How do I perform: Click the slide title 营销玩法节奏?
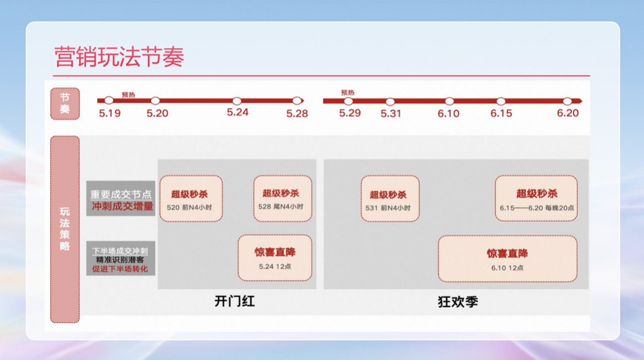tap(119, 56)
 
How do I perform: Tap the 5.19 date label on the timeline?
tap(109, 113)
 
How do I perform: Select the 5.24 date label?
tap(237, 112)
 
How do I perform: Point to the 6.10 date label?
tap(448, 113)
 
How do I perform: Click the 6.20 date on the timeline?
tap(568, 113)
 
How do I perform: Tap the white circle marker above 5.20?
tap(155, 101)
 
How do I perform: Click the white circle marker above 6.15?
tap(501, 101)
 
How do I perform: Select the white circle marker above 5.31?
tap(390, 101)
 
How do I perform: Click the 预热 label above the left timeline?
tap(128, 95)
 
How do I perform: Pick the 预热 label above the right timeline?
tap(348, 92)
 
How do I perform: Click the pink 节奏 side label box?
tap(65, 103)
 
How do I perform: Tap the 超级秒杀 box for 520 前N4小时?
tap(191, 199)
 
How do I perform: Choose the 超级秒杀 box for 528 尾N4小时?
tap(283, 199)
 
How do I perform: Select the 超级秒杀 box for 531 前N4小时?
tap(390, 199)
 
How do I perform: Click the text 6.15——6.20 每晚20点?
tap(537, 208)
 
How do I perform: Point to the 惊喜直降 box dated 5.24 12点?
tap(275, 258)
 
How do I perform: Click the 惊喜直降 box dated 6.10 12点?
tap(507, 259)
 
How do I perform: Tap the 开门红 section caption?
tap(234, 302)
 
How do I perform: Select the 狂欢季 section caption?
tap(458, 302)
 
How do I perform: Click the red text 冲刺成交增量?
tap(122, 206)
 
